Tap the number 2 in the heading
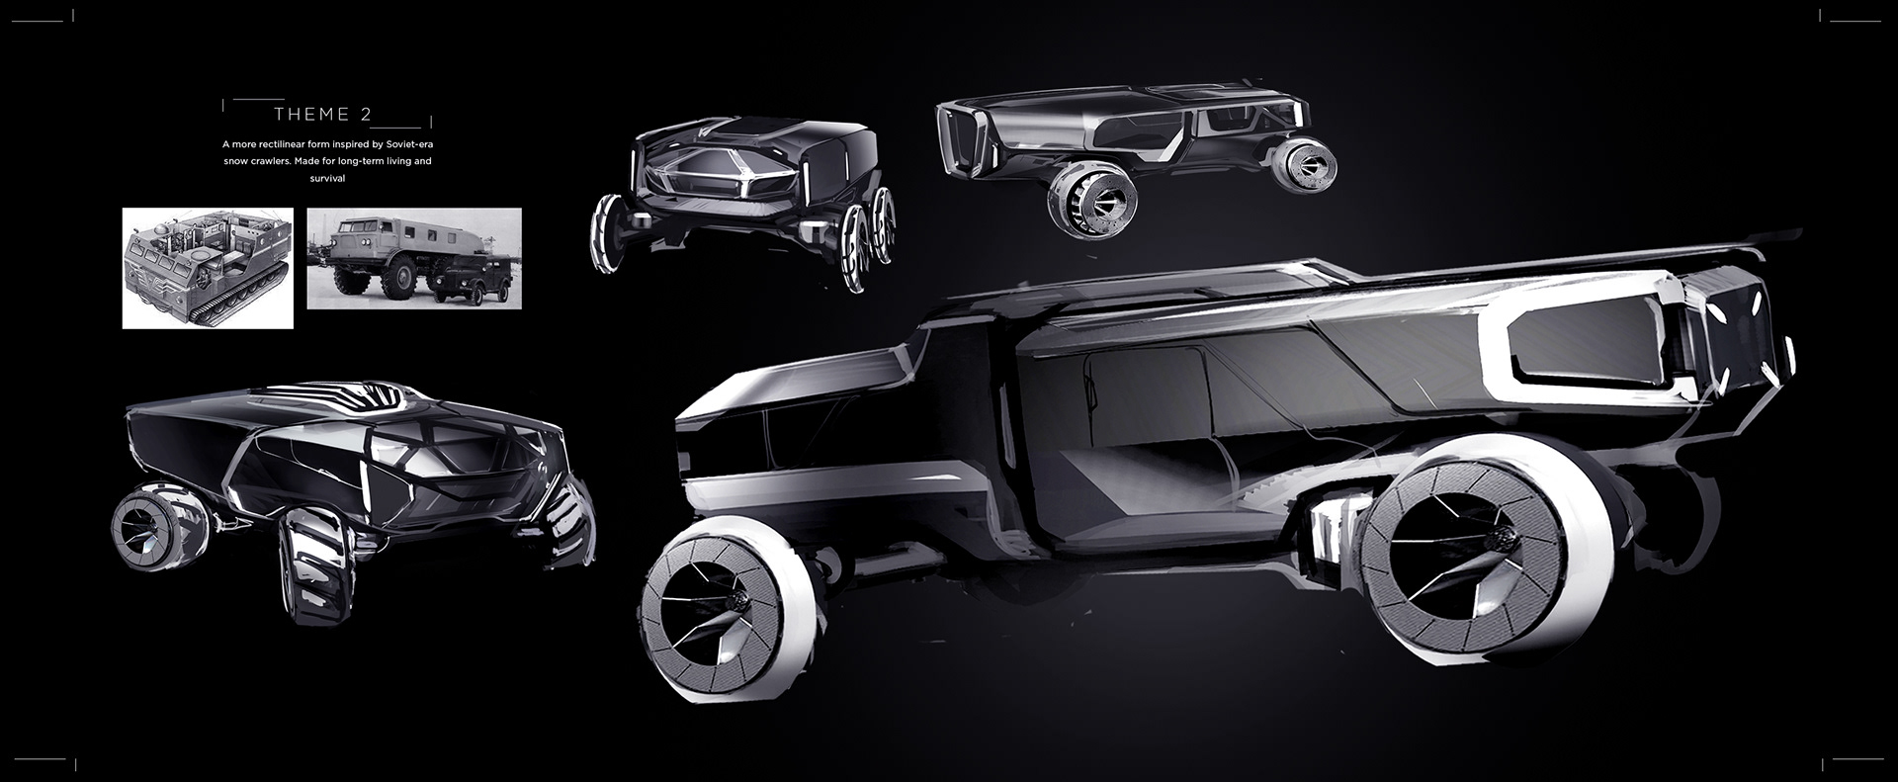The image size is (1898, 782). point(367,115)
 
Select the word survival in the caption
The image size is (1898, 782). point(326,179)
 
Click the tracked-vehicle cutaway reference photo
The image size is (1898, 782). point(208,268)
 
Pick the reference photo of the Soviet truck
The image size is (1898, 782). point(414,258)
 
